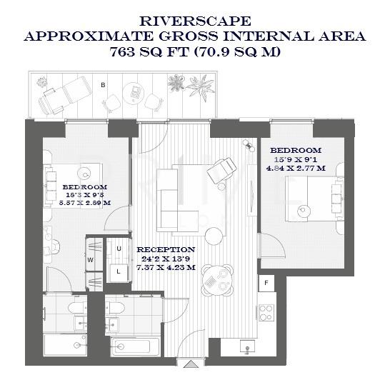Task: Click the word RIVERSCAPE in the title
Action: coord(189,21)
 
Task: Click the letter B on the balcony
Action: coord(104,85)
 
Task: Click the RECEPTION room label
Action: coord(166,250)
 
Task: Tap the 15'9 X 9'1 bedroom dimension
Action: coord(296,159)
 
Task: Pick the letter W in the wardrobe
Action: coord(91,259)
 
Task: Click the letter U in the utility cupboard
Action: coord(119,248)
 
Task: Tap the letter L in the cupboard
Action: coord(119,271)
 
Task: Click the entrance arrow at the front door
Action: coord(189,364)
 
